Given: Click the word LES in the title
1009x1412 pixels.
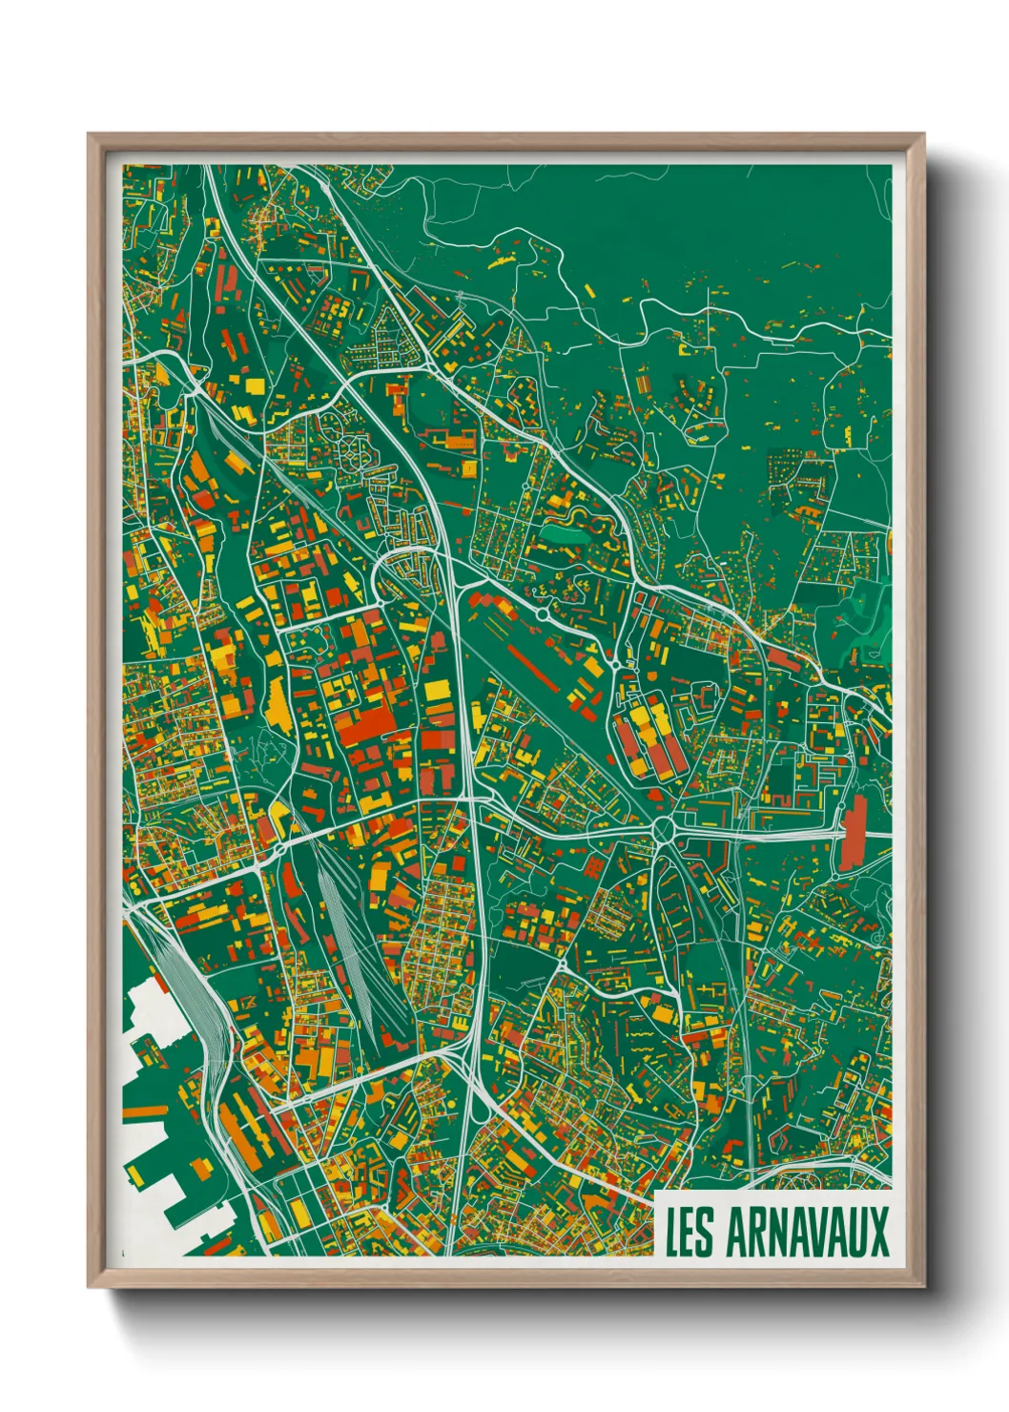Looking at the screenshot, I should pos(688,1232).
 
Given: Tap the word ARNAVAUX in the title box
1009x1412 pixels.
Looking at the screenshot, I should pos(807,1232).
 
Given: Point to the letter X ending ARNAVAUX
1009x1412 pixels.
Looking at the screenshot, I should pos(877,1232).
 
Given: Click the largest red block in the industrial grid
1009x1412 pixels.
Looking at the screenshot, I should pos(362,725).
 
